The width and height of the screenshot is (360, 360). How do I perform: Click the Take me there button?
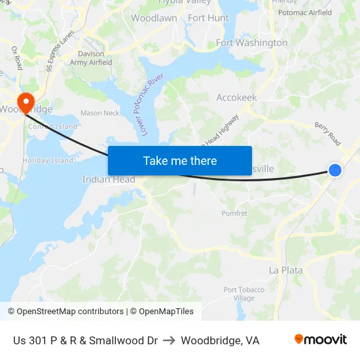[180, 160]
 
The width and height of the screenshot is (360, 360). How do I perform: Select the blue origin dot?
[334, 170]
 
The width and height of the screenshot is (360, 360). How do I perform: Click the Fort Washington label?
[251, 43]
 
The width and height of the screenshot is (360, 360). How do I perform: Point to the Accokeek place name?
[236, 98]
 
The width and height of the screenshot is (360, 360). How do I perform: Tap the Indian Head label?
[109, 179]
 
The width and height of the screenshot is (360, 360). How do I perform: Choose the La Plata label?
[286, 270]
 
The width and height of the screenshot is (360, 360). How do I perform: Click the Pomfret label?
[234, 213]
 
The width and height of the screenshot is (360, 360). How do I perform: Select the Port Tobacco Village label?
[244, 294]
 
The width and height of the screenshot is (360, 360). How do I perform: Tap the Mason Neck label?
[100, 113]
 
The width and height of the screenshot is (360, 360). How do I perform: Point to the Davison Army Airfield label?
[91, 58]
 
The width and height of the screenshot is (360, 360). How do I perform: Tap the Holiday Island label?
[48, 160]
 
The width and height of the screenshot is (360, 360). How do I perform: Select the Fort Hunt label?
[208, 18]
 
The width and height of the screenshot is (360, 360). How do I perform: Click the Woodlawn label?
[154, 18]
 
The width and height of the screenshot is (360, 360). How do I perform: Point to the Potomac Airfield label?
[305, 12]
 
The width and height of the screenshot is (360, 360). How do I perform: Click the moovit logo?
[321, 340]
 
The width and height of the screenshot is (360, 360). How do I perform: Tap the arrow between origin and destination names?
[169, 340]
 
